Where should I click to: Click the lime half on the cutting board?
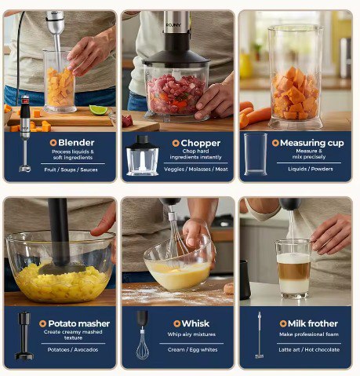(x=98, y=110)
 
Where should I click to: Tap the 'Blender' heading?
(x=76, y=143)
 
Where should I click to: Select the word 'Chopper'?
(x=201, y=143)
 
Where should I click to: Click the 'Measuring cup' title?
(x=312, y=143)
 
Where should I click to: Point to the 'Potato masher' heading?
(x=79, y=323)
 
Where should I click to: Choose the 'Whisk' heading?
(x=195, y=323)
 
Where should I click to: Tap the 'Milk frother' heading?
(x=313, y=323)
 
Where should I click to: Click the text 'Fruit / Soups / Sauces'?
(x=71, y=170)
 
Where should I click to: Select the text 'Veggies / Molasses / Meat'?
(x=196, y=169)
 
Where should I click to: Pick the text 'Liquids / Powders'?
(x=311, y=169)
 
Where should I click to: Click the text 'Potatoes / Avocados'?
(x=73, y=349)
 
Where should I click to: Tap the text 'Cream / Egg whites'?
(x=193, y=349)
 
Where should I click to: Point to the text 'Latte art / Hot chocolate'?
(x=309, y=349)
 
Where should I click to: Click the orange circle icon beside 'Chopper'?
(x=176, y=143)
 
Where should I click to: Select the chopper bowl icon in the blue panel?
(x=143, y=155)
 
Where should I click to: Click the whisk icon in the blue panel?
(x=143, y=335)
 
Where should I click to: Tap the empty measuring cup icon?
(x=256, y=154)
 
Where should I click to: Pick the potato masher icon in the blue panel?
(x=24, y=335)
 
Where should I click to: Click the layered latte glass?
(x=293, y=269)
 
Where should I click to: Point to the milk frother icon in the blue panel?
(x=259, y=335)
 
